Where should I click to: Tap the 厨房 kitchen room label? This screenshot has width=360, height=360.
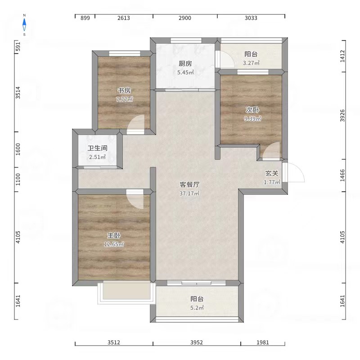185,63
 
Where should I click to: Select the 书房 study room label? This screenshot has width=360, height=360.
124,90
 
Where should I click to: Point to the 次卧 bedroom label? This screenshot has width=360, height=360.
252,110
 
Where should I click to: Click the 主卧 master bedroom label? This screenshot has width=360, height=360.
114,235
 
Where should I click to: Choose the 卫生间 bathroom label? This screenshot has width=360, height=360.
97,148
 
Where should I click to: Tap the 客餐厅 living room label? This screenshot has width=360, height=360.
189,184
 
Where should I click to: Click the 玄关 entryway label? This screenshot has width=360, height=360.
272,173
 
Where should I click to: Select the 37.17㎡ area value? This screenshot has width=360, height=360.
189,193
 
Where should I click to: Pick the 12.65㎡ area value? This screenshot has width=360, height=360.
114,244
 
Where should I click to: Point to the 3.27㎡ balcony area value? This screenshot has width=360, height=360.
251,63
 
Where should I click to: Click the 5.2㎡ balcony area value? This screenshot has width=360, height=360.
197,308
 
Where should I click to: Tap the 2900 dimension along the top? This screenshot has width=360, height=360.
185,18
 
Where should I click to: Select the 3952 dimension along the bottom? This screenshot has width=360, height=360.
197,342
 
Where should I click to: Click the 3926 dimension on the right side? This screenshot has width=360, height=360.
342,116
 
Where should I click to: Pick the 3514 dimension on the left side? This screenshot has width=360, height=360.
18,93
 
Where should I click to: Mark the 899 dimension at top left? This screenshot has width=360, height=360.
85,18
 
